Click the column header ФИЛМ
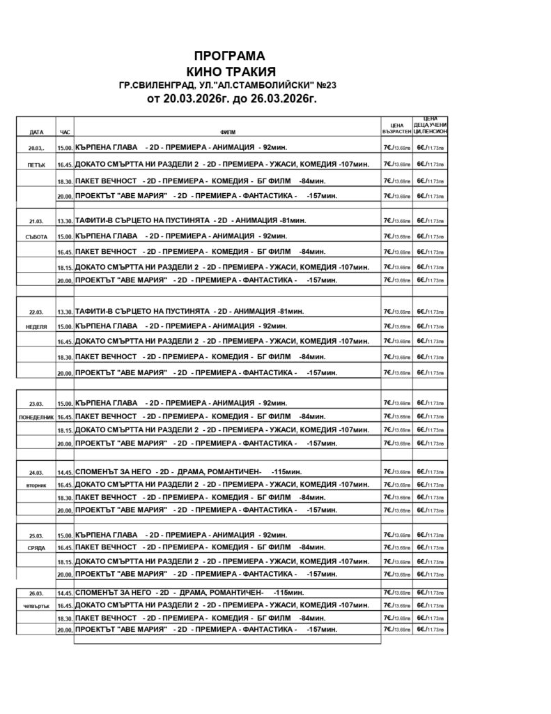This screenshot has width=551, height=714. [227, 131]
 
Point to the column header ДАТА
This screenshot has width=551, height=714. [36, 131]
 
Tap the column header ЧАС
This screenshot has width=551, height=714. [65, 131]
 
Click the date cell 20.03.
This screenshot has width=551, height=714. [36, 149]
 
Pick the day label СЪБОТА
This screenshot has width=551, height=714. [36, 237]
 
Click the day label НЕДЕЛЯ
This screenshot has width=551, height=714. [36, 326]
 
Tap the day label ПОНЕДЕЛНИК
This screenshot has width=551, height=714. [36, 416]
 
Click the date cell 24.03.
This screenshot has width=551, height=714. [36, 471]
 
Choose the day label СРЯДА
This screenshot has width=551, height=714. [36, 548]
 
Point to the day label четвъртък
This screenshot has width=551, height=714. [36, 606]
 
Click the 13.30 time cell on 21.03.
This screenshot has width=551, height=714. [65, 221]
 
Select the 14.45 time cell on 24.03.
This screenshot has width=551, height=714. [65, 471]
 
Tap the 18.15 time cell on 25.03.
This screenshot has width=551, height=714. [65, 561]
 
